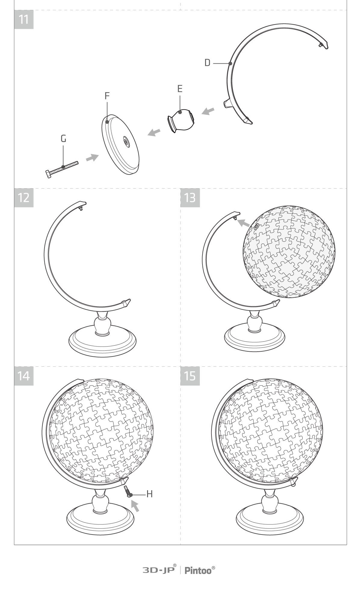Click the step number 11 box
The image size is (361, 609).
pos(24,19)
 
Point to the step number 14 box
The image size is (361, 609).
pos(24,376)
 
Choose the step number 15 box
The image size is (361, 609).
pos(190,376)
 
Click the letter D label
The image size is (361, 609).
pos(207,63)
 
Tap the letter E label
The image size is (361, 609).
pos(180,89)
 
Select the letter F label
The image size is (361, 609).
pos(107,96)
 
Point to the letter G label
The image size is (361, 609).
pos(63,138)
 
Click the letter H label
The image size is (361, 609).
pos(150,494)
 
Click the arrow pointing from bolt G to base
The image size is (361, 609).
pos(92,158)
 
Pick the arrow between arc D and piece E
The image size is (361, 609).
pos(208,111)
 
